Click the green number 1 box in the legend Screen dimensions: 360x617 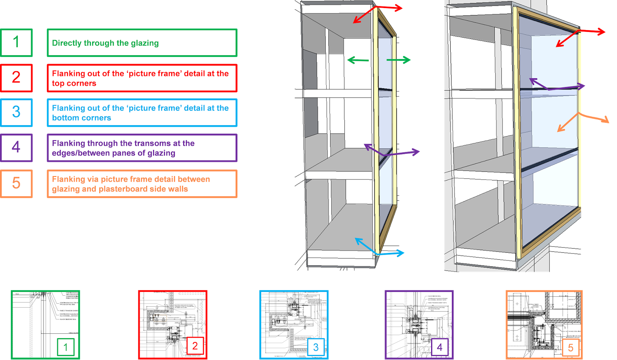[16, 42]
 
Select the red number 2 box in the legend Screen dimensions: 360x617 [16, 77]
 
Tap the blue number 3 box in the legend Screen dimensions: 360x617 [16, 112]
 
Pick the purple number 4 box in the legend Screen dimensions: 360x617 [16, 147]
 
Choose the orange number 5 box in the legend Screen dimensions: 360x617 [16, 183]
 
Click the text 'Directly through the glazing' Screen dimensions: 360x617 [105, 43]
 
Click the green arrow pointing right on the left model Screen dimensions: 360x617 [398, 60]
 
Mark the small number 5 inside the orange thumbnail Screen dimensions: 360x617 [571, 348]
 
